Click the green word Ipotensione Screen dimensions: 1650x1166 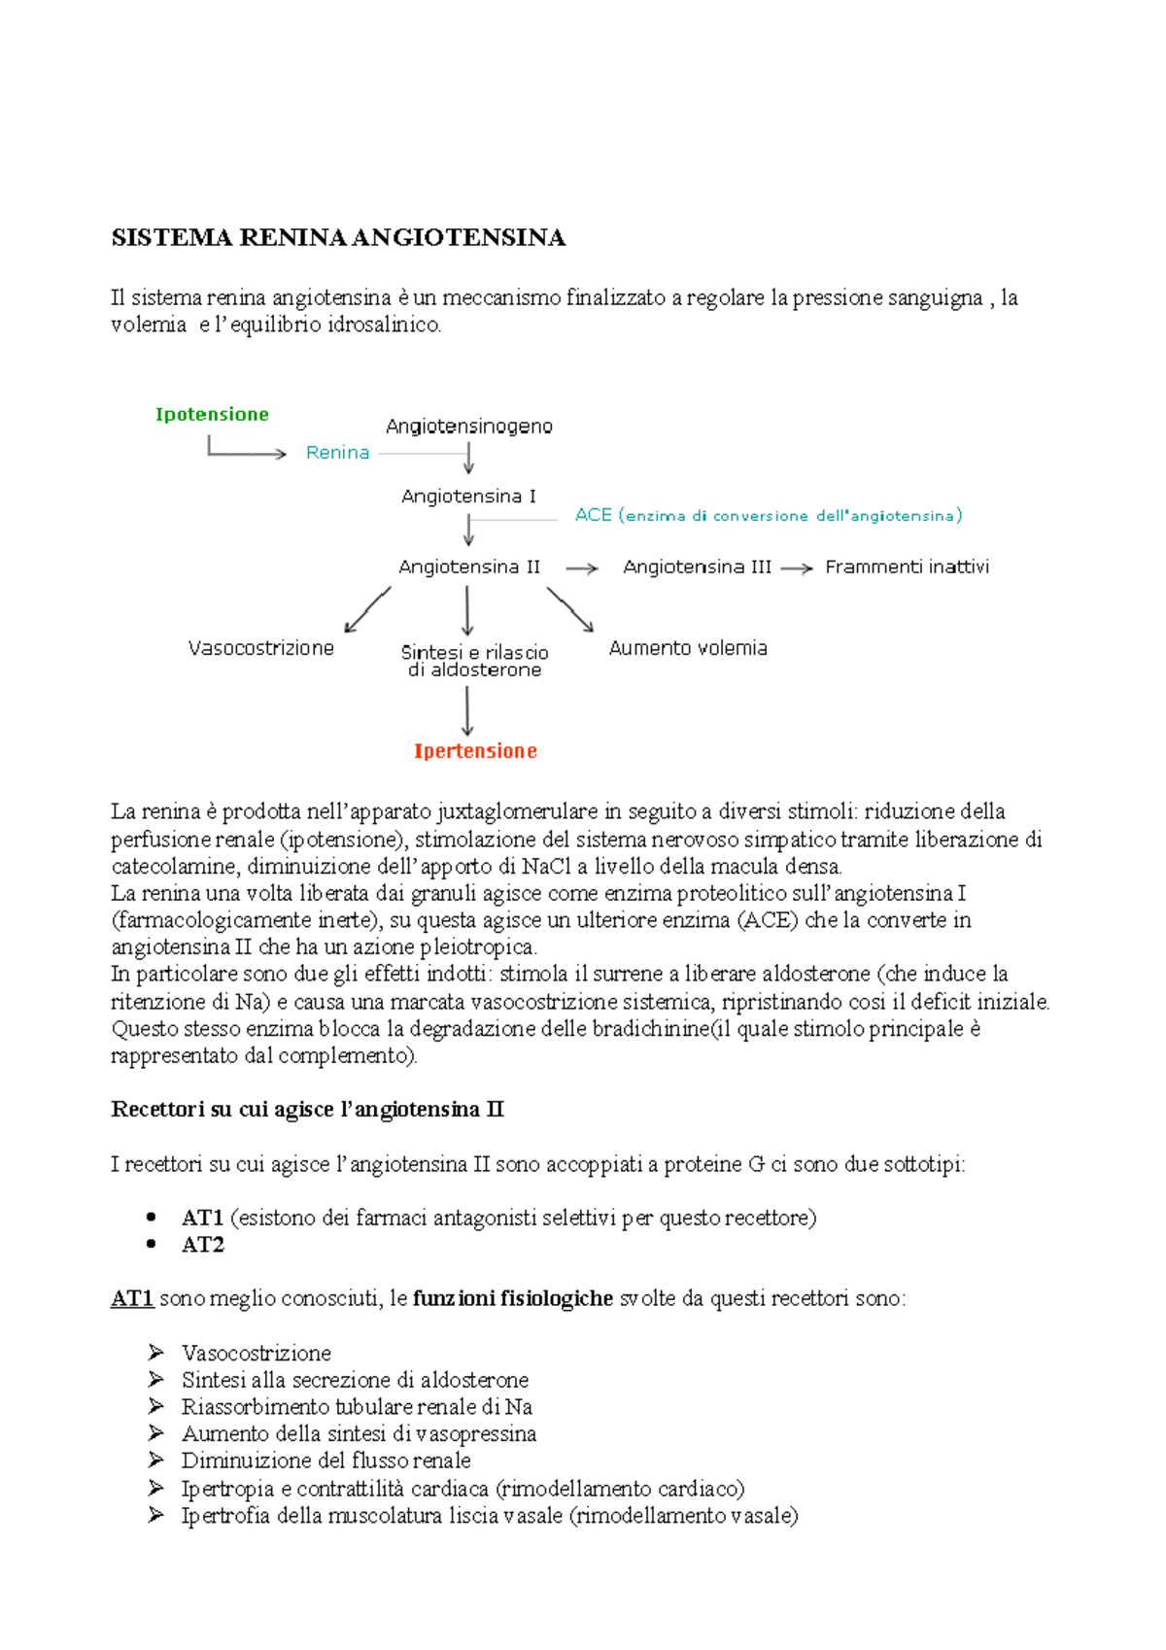pos(212,415)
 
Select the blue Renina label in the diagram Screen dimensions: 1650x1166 pos(337,453)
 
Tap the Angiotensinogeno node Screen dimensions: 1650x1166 pos(468,427)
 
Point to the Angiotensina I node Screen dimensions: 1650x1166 pos(468,497)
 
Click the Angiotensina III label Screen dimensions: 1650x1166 pos(697,567)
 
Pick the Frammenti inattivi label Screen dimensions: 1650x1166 pos(907,567)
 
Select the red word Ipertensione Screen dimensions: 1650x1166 pos(475,751)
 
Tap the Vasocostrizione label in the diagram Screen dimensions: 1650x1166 pos(260,648)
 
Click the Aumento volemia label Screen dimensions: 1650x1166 pos(688,648)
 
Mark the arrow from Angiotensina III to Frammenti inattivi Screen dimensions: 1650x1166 pos(797,569)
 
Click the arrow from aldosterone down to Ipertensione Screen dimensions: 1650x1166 pos(467,711)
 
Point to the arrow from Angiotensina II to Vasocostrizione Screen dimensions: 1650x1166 pos(367,610)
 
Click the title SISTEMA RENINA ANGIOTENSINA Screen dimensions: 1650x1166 pos(338,238)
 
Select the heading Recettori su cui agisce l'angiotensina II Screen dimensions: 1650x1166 pos(307,1110)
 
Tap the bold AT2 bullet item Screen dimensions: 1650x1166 pos(202,1245)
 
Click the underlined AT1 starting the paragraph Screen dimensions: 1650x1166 pos(132,1299)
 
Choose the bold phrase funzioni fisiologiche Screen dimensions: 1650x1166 pos(512,1299)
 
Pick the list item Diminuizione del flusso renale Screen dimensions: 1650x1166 pos(326,1461)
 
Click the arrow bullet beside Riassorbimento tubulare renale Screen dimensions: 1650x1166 pos(155,1406)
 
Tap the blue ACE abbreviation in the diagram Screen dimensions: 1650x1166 pos(593,515)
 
